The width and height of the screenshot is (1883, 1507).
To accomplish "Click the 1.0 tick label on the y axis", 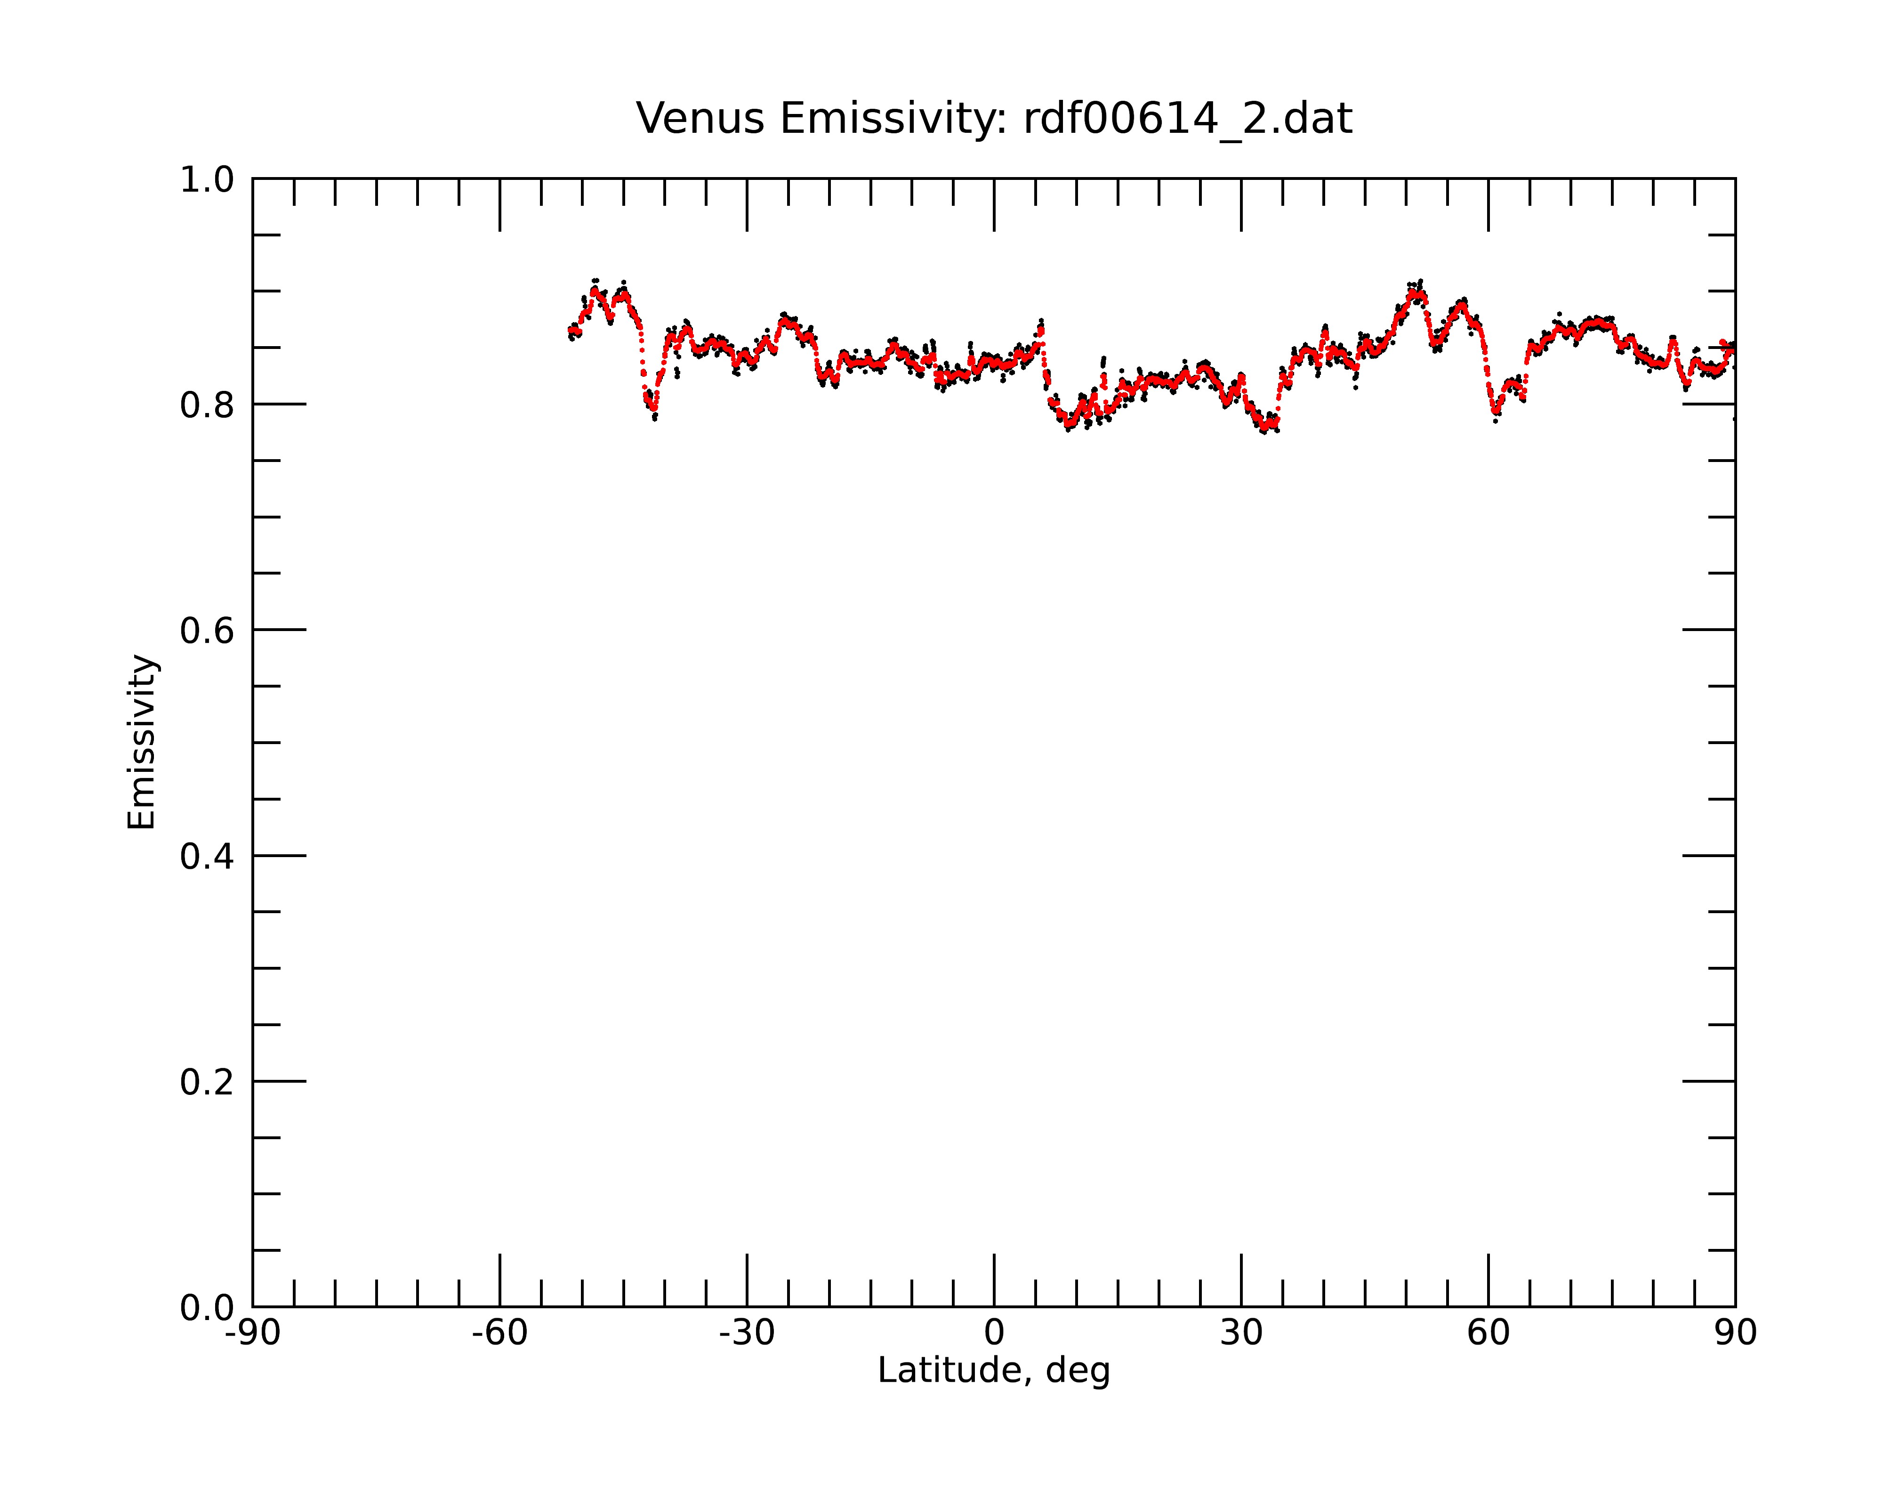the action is (x=207, y=180).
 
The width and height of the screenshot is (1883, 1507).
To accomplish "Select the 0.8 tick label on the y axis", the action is (x=207, y=405).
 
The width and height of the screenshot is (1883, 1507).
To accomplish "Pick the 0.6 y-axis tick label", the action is (x=207, y=631).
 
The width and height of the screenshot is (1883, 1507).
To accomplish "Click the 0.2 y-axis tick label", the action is (x=207, y=1082).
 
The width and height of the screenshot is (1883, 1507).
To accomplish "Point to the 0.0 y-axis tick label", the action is (x=207, y=1308).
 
